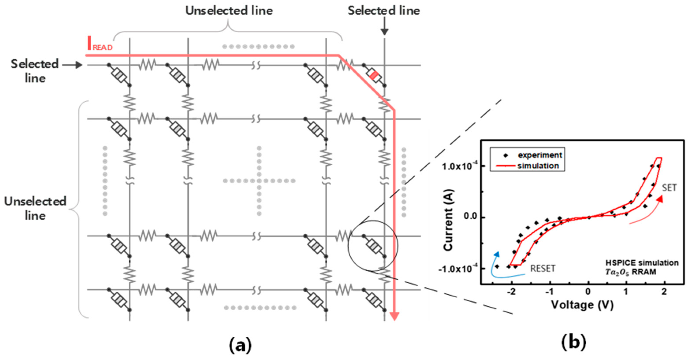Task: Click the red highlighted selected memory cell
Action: (374, 75)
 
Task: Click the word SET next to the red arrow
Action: (669, 188)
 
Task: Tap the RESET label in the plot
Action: (543, 268)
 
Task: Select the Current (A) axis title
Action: (448, 220)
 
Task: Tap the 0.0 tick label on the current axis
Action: (471, 216)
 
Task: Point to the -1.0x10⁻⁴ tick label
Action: (458, 269)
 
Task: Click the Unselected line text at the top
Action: (229, 11)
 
